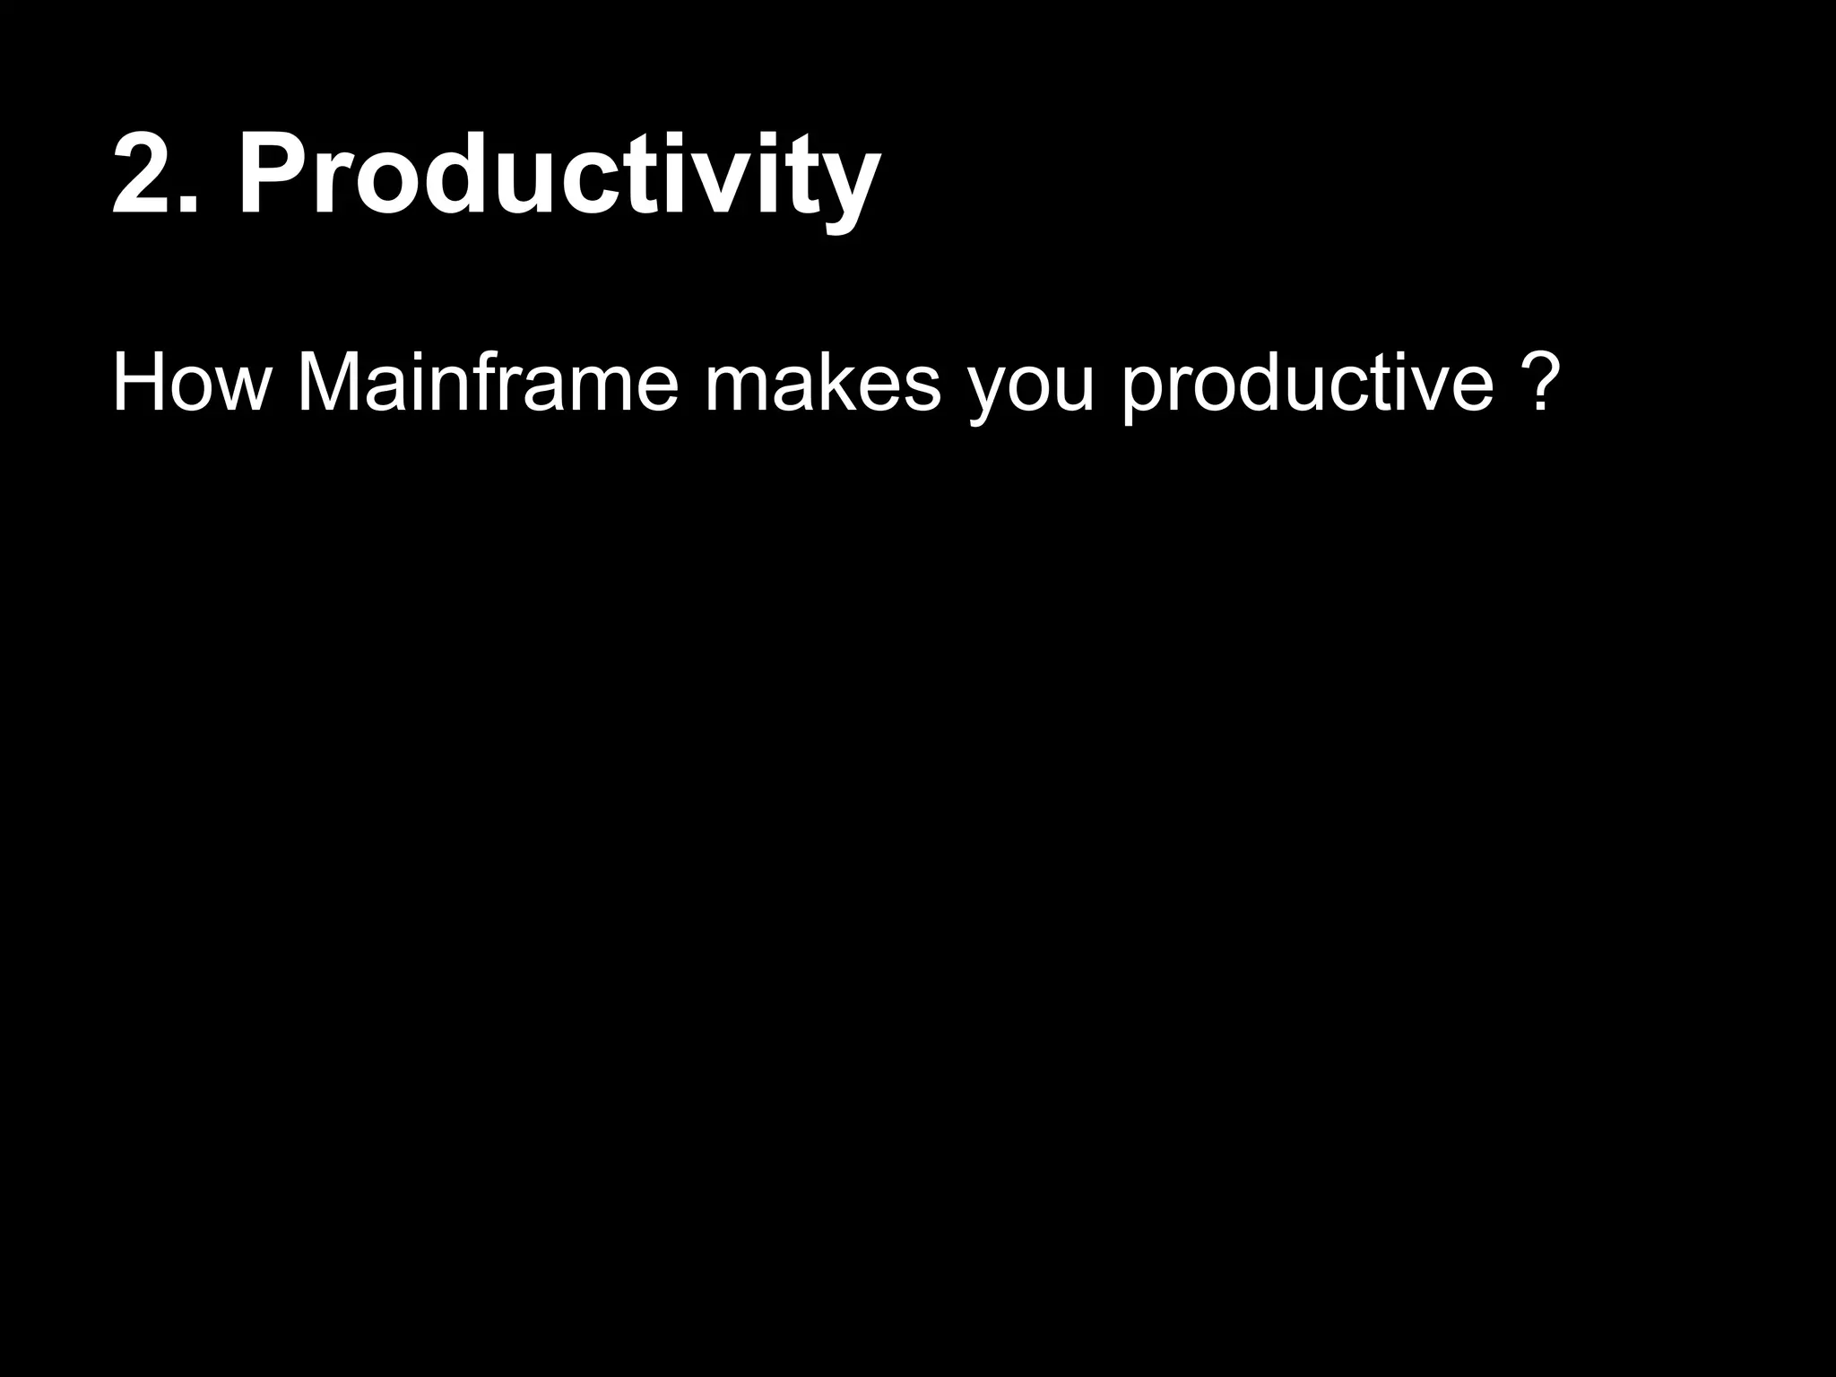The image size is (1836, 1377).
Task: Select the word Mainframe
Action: point(488,383)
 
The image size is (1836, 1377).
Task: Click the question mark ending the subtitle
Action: point(1537,383)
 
